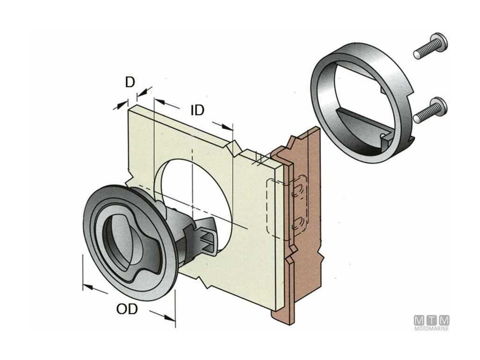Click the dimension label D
click(x=130, y=82)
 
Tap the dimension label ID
click(x=197, y=111)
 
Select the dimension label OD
click(x=127, y=309)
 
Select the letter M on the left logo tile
click(x=419, y=321)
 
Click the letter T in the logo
click(x=431, y=321)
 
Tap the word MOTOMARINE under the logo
click(x=431, y=329)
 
